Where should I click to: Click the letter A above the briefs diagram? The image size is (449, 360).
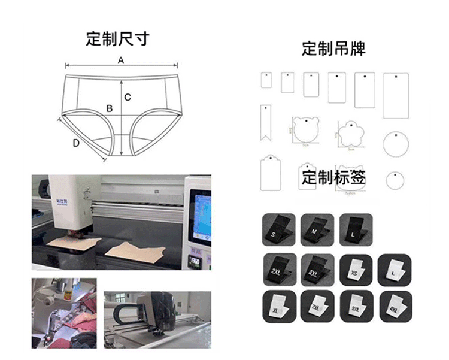point(121,60)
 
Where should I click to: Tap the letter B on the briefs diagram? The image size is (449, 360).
point(109,108)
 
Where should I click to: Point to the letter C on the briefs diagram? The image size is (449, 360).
point(128,97)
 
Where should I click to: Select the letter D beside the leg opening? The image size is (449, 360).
point(76,143)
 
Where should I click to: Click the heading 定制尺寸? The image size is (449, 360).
point(117,40)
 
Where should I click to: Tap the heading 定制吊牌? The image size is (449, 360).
point(333,49)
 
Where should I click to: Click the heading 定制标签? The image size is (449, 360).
point(333,178)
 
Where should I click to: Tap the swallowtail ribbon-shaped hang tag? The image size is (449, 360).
point(264,122)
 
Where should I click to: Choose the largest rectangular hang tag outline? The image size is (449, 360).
point(395,95)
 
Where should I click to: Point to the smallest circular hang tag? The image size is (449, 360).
point(393,179)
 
